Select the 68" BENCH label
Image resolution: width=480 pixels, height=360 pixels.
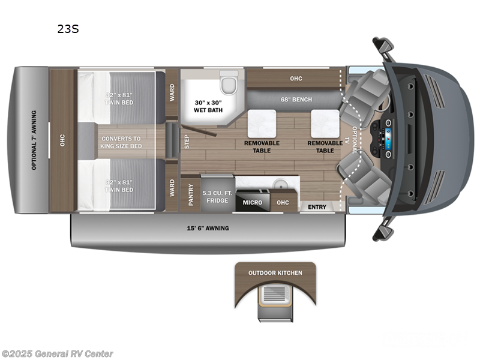pyautogui.click(x=295, y=99)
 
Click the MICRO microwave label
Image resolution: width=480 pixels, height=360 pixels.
pyautogui.click(x=252, y=202)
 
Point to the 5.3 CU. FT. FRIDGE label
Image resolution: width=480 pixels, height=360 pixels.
pyautogui.click(x=217, y=197)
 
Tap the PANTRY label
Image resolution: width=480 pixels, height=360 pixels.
pyautogui.click(x=190, y=194)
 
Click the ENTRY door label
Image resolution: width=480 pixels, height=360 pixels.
pyautogui.click(x=317, y=207)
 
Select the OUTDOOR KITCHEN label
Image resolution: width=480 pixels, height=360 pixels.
pyautogui.click(x=275, y=273)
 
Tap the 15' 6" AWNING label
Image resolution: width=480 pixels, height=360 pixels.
pyautogui.click(x=208, y=228)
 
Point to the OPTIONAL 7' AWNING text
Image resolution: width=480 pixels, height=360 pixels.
pyautogui.click(x=34, y=140)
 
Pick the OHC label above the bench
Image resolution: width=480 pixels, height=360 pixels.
pyautogui.click(x=295, y=79)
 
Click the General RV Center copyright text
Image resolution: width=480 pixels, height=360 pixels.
pyautogui.click(x=58, y=354)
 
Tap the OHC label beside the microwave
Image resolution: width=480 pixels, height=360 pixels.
pyautogui.click(x=283, y=202)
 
